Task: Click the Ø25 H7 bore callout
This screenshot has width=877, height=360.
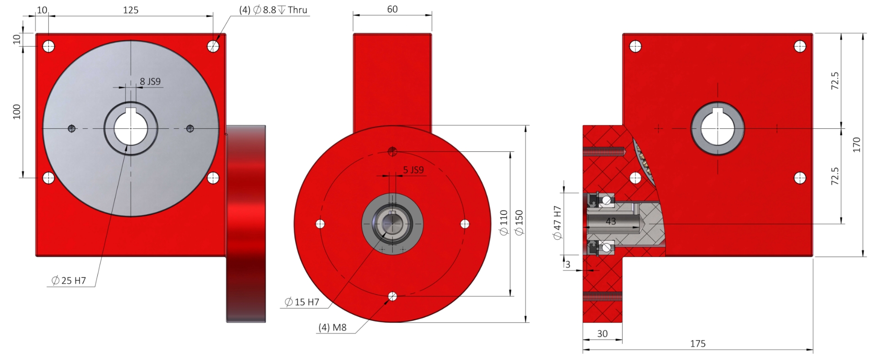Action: [69, 281]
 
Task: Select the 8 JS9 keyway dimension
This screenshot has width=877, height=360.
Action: [150, 81]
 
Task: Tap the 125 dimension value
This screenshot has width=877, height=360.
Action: [131, 10]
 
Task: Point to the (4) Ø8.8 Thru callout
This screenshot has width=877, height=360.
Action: [273, 10]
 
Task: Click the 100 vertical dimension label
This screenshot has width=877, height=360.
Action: [17, 111]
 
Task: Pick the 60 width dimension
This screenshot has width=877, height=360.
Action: [392, 9]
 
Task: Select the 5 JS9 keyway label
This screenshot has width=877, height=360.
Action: [413, 170]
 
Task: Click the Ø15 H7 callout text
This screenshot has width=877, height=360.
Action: [302, 302]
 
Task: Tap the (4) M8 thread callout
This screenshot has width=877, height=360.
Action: [333, 327]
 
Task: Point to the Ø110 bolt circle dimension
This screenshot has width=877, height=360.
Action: [504, 222]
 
